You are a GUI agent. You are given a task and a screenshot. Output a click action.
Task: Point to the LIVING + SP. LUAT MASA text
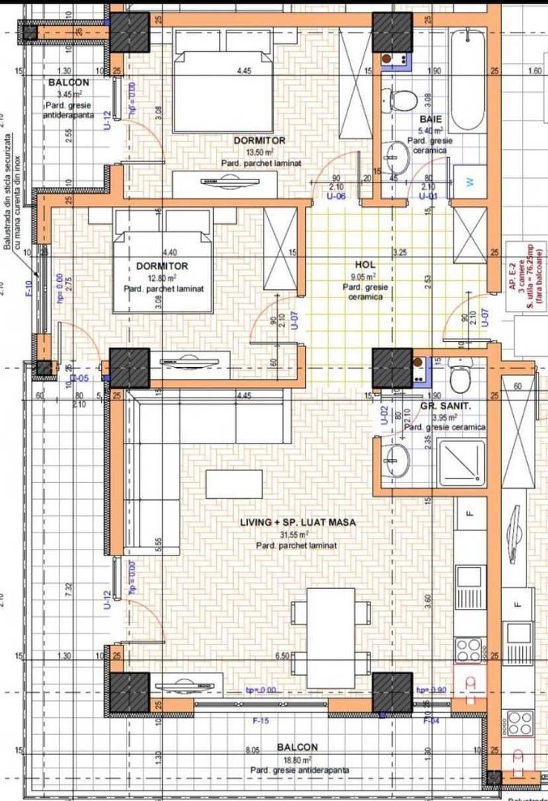(298, 522)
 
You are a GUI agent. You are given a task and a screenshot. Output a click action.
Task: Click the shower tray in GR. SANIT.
(460, 462)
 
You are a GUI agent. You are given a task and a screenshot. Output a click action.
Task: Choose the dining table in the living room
(330, 636)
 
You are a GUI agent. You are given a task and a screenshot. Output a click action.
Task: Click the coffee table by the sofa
(234, 484)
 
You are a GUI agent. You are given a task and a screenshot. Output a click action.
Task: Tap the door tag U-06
(336, 197)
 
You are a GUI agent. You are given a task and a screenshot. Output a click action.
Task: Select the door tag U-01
(427, 197)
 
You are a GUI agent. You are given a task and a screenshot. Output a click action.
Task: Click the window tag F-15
(260, 719)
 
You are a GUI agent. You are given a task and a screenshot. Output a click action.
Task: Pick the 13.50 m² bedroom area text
(259, 151)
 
